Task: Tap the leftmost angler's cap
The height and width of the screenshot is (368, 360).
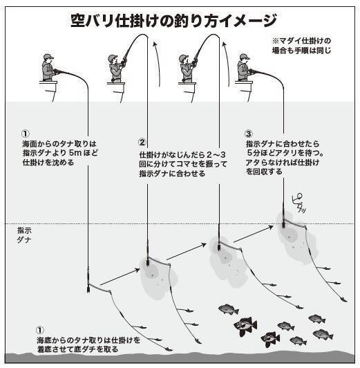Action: point(47,57)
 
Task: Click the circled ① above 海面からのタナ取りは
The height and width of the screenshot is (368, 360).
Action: point(26,133)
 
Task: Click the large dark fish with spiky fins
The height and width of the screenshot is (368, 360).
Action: point(244,323)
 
